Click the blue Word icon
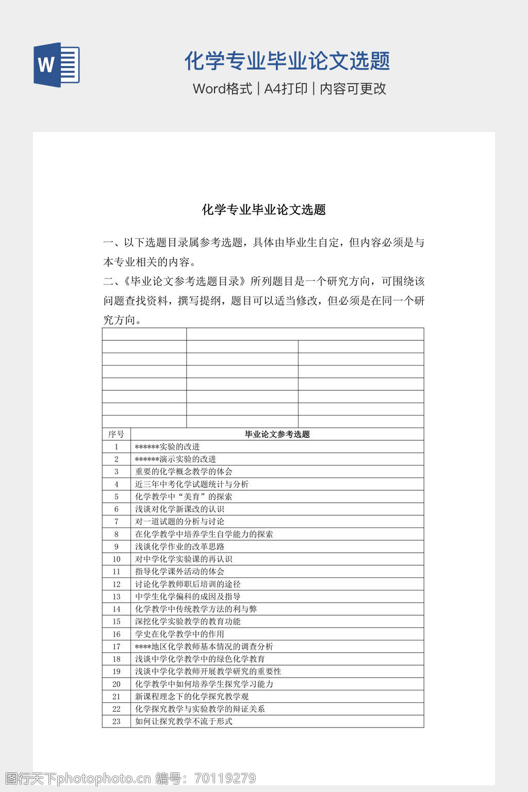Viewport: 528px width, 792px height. pos(56,64)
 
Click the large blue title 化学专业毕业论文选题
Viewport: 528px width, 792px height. pos(287,61)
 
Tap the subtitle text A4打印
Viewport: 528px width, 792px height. pos(286,89)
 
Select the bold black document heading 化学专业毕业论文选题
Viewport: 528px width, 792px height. pos(263,210)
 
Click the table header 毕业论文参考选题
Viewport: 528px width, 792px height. pos(277,434)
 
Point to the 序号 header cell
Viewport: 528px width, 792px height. pos(116,434)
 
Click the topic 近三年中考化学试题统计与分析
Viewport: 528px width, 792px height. pos(192,484)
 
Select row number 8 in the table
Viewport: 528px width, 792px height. pos(117,534)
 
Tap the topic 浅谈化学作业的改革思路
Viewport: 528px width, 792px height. pos(179,547)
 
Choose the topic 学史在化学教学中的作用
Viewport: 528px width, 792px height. pos(179,634)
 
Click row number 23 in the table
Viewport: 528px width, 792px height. pos(117,721)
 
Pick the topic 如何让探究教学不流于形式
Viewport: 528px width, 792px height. pos(184,721)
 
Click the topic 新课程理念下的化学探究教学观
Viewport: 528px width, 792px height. pos(192,697)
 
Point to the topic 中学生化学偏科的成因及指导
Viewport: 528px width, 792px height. pos(188,597)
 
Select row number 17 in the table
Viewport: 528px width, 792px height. pos(117,647)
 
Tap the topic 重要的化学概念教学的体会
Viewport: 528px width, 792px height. pos(184,471)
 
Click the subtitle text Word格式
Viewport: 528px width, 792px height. pos(222,89)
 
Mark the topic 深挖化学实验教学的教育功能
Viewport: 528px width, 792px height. pos(188,621)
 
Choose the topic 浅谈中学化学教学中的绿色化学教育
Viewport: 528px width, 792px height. pos(200,659)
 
